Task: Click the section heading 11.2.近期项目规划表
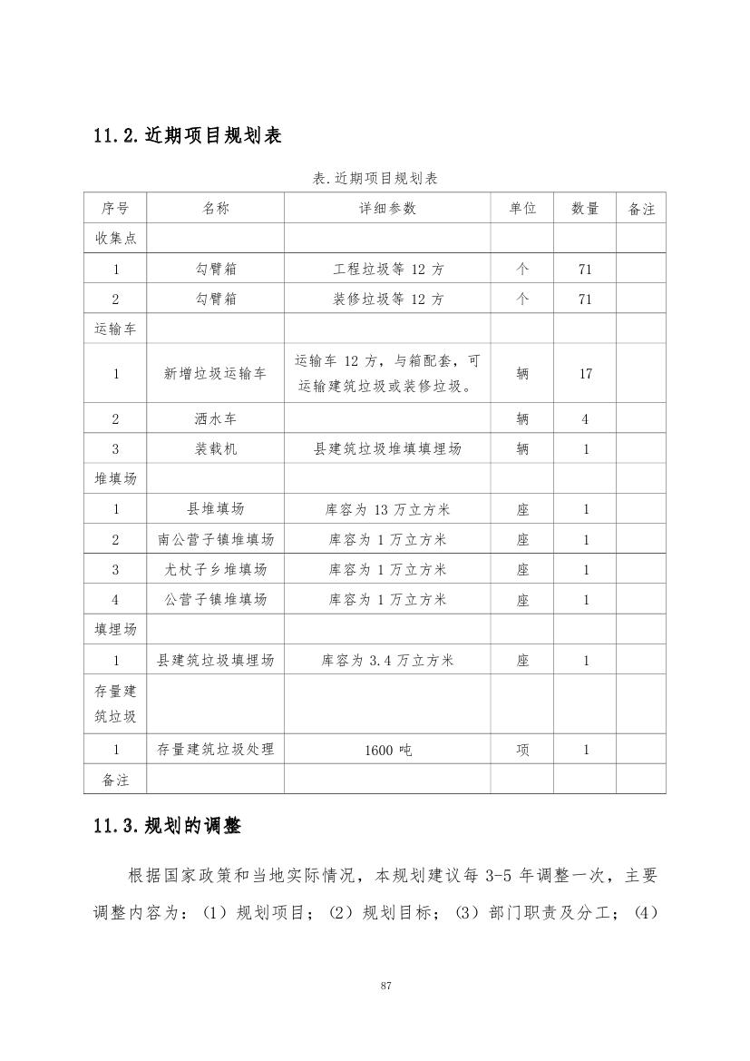point(187,136)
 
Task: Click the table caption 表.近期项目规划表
point(375,179)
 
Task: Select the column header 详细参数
point(387,209)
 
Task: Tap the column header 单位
point(522,209)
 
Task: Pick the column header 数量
point(585,209)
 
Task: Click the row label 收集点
point(116,238)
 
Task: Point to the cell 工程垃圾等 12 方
point(387,270)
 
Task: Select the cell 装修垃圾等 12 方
point(387,300)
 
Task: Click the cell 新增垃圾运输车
point(215,373)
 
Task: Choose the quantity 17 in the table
point(585,373)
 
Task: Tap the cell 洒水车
point(215,419)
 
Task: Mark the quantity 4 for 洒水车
point(585,419)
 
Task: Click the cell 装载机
point(215,449)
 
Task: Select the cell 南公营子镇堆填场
point(215,540)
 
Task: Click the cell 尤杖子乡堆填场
point(215,570)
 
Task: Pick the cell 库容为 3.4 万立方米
point(387,661)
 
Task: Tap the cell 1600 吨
point(387,751)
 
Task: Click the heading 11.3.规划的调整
point(167,826)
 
